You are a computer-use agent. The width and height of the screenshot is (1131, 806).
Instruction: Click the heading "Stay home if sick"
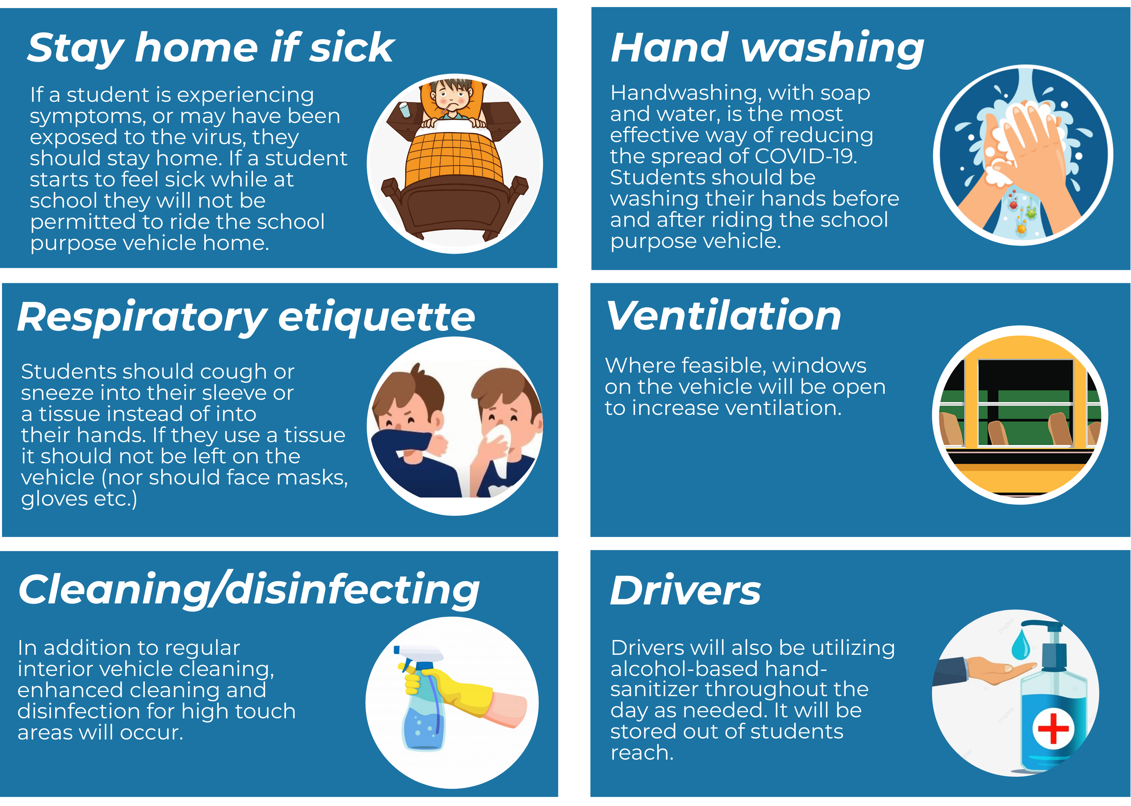coord(211,48)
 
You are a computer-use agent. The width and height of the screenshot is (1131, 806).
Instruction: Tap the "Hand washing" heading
coord(767,48)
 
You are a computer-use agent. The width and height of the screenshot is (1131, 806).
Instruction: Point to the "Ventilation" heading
coord(723,316)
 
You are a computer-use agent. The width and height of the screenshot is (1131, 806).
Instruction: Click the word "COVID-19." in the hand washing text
coord(806,156)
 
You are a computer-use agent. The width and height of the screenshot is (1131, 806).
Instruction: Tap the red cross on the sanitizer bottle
coord(1053,729)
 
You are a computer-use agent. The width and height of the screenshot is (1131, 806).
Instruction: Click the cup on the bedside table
coord(405,110)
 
